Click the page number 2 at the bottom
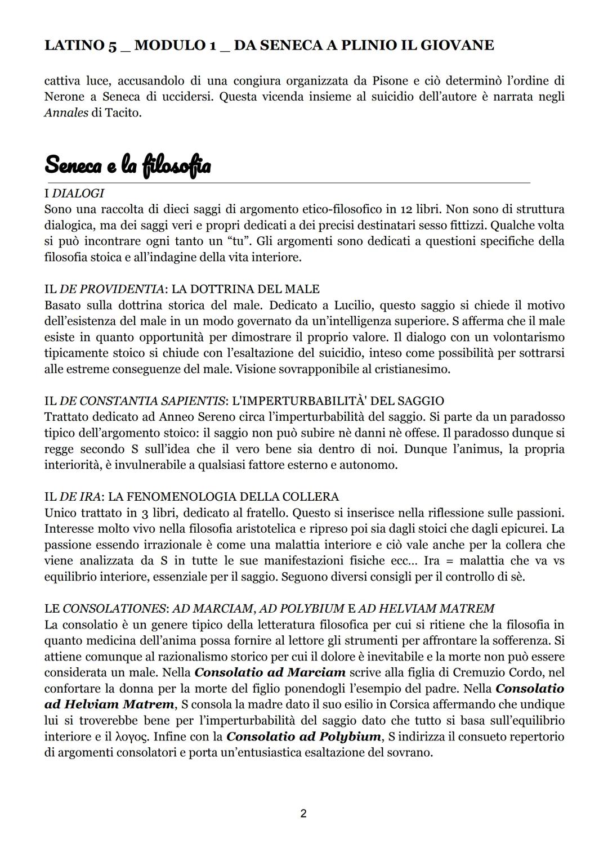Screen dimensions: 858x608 [303, 814]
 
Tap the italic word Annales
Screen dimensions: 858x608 [66, 113]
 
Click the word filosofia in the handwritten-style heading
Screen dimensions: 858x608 [177, 165]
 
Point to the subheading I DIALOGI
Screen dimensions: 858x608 [74, 193]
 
